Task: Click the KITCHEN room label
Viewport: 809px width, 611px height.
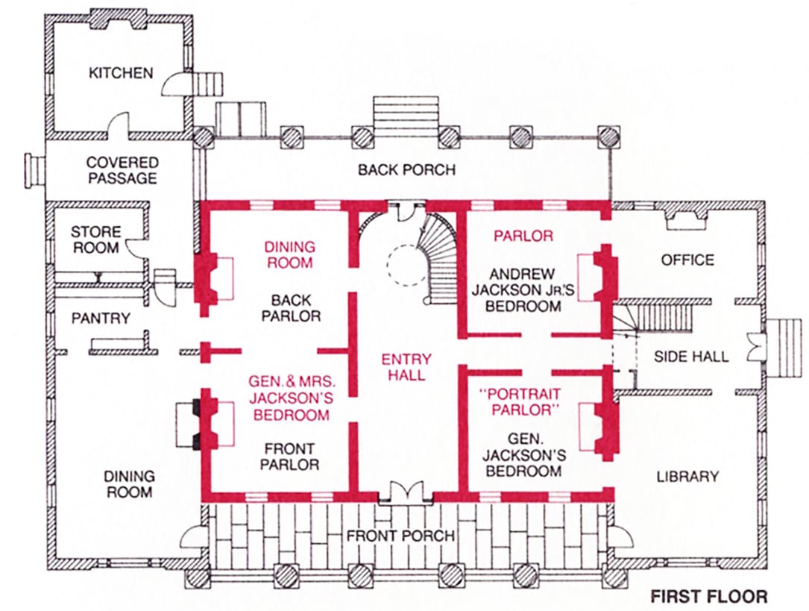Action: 121,73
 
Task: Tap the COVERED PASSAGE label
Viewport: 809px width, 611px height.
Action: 122,170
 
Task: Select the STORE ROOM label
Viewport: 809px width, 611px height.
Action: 95,239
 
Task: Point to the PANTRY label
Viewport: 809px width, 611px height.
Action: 101,318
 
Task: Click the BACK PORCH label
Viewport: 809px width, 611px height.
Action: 406,170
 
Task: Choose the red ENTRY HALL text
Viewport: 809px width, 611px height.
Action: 406,368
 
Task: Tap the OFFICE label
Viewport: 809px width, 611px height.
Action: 687,260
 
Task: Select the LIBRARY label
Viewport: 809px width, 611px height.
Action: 687,476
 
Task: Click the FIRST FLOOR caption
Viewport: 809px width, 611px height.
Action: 708,597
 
